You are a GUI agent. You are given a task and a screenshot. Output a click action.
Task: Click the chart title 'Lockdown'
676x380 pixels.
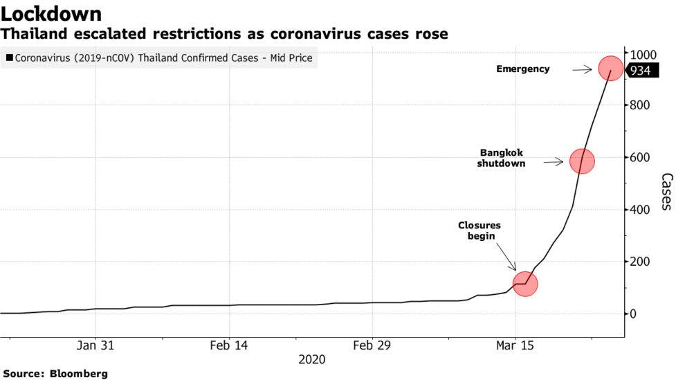pyautogui.click(x=52, y=14)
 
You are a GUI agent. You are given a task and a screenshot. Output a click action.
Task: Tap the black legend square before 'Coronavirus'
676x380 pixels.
pyautogui.click(x=9, y=59)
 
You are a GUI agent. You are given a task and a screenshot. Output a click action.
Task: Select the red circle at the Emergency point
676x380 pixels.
pyautogui.click(x=610, y=69)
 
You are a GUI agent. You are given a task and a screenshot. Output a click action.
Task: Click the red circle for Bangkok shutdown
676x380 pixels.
pyautogui.click(x=582, y=161)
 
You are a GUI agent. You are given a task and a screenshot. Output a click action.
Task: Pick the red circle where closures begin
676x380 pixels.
pyautogui.click(x=525, y=284)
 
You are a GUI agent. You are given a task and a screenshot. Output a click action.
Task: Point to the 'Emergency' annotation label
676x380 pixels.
pyautogui.click(x=523, y=69)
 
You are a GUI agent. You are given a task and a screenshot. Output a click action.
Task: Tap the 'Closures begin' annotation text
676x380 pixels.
pyautogui.click(x=479, y=230)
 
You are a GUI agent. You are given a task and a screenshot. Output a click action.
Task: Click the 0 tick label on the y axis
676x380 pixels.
pyautogui.click(x=632, y=314)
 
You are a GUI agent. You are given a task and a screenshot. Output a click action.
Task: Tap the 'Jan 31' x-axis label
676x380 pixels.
pyautogui.click(x=95, y=345)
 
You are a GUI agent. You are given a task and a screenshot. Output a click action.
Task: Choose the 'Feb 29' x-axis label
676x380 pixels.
pyautogui.click(x=372, y=345)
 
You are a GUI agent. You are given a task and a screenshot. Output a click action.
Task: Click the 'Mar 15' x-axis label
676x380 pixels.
pyautogui.click(x=515, y=345)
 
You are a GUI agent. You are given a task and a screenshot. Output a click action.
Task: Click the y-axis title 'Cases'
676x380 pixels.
pyautogui.click(x=666, y=191)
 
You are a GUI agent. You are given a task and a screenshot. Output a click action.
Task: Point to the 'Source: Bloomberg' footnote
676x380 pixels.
pyautogui.click(x=55, y=374)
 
